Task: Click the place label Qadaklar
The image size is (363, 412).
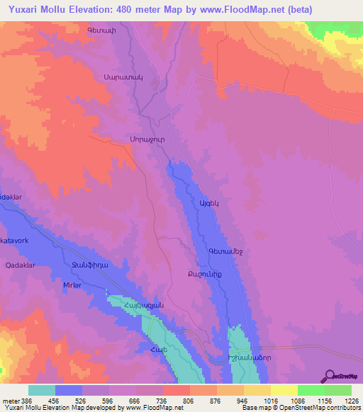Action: pyautogui.click(x=21, y=265)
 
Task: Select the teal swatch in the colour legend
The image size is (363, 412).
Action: pyautogui.click(x=42, y=391)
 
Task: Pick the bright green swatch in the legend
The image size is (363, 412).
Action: pyautogui.click(x=311, y=391)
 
